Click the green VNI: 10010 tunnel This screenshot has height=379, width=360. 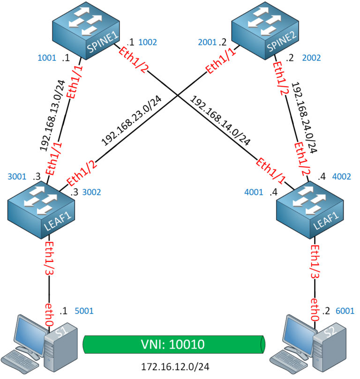point(173,345)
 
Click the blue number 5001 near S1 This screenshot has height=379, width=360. point(85,310)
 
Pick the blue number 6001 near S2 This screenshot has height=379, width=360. point(345,310)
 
